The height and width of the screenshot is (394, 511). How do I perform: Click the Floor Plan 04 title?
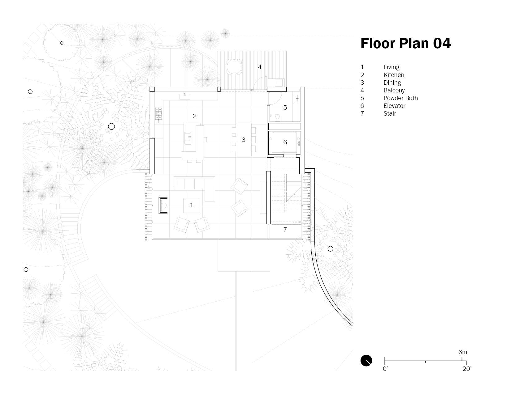tap(406, 44)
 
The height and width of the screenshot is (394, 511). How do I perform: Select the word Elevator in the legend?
tap(394, 106)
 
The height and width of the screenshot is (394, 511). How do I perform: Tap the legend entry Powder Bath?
tap(401, 98)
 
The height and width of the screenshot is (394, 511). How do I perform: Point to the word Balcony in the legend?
tap(394, 91)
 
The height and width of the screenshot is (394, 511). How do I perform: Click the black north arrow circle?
tap(366, 360)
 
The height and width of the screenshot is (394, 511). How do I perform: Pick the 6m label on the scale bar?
tap(462, 352)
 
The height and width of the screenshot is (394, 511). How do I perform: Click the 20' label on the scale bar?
tap(467, 369)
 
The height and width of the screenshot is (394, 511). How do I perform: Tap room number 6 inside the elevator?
tap(285, 142)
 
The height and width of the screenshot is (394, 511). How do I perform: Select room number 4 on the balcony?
tap(260, 67)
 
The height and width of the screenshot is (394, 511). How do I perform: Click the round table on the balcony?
tap(234, 66)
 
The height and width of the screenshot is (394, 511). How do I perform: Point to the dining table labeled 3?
tap(244, 140)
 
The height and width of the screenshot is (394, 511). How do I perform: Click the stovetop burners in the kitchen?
tap(158, 113)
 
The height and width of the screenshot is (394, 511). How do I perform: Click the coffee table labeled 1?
tap(191, 205)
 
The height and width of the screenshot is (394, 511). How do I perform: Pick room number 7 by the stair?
tap(285, 230)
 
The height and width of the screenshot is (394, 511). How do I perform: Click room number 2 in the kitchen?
tap(194, 116)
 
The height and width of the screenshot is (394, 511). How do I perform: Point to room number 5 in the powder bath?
tap(285, 108)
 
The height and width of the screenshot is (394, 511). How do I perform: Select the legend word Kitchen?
tap(394, 75)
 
